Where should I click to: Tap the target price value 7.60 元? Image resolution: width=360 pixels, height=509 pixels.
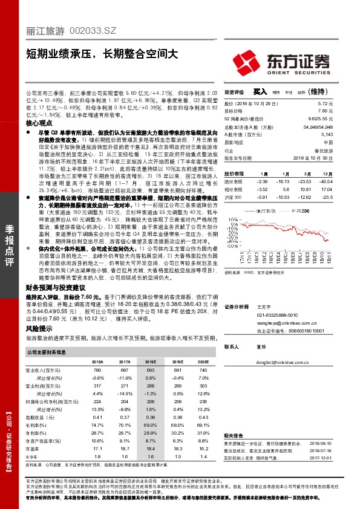tap(325, 111)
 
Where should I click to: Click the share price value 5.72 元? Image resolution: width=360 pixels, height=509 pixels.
tap(326, 105)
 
